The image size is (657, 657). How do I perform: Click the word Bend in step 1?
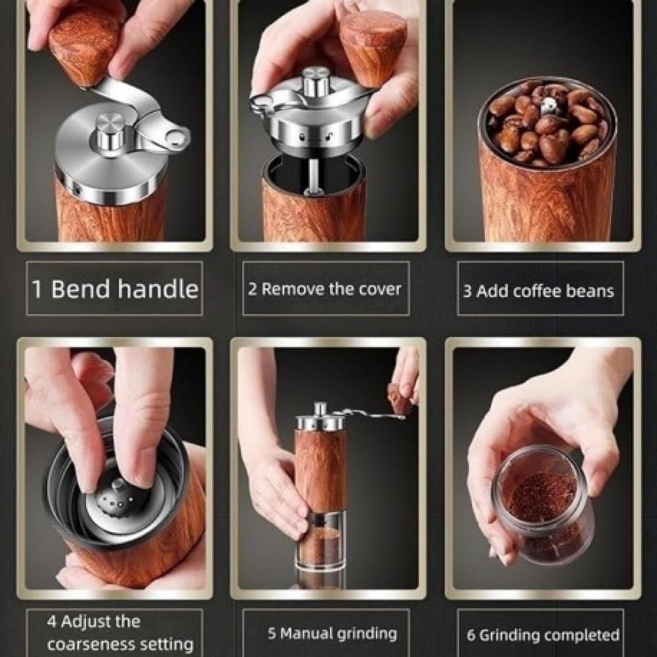(79, 288)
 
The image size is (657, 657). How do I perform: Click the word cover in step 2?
(380, 289)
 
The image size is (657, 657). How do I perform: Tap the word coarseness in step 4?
(89, 644)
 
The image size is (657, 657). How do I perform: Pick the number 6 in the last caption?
(471, 635)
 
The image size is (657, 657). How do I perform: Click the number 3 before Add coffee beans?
(467, 291)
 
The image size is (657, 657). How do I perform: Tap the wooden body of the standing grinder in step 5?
(320, 469)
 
